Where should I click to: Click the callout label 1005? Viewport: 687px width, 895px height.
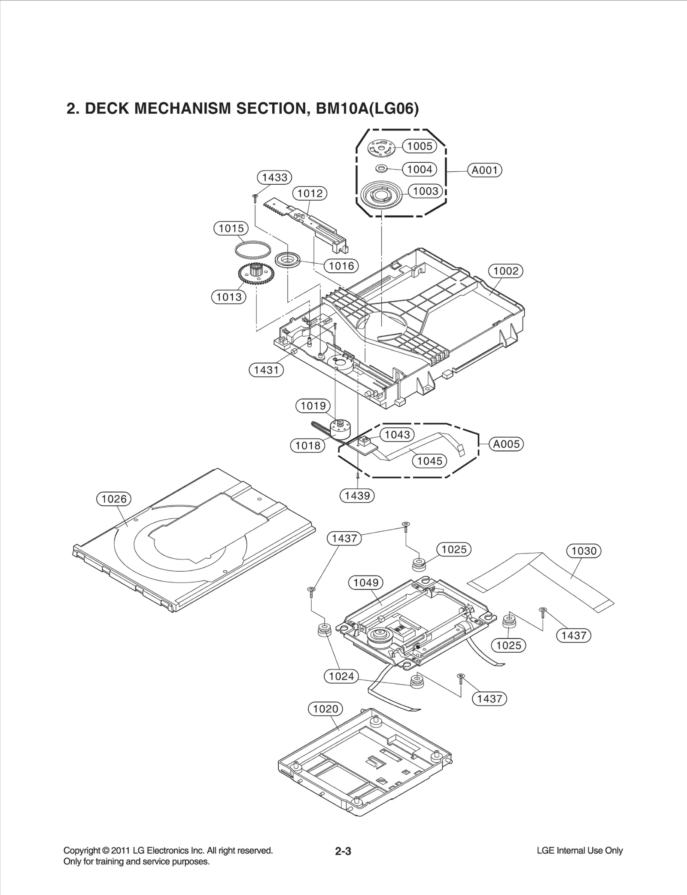pyautogui.click(x=419, y=146)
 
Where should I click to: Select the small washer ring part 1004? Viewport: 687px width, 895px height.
pyautogui.click(x=381, y=168)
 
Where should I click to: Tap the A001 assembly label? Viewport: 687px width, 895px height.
pyautogui.click(x=485, y=170)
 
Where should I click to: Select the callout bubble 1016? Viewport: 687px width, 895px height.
pyautogui.click(x=341, y=266)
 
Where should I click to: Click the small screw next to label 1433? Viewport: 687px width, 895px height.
pyautogui.click(x=255, y=197)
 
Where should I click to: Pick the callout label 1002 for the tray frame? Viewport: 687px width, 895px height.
pyautogui.click(x=506, y=271)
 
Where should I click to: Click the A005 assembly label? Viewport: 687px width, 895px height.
pyautogui.click(x=506, y=444)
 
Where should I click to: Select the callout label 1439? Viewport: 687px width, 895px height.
pyautogui.click(x=357, y=496)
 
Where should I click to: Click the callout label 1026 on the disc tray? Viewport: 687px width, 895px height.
pyautogui.click(x=114, y=499)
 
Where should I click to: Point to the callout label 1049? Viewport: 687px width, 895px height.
pyautogui.click(x=366, y=583)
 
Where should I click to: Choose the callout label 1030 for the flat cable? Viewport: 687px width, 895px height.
pyautogui.click(x=584, y=551)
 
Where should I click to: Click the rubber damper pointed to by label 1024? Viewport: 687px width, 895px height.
pyautogui.click(x=324, y=630)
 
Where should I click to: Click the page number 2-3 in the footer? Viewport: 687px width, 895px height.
pyautogui.click(x=343, y=851)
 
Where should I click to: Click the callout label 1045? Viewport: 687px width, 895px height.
pyautogui.click(x=430, y=461)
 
